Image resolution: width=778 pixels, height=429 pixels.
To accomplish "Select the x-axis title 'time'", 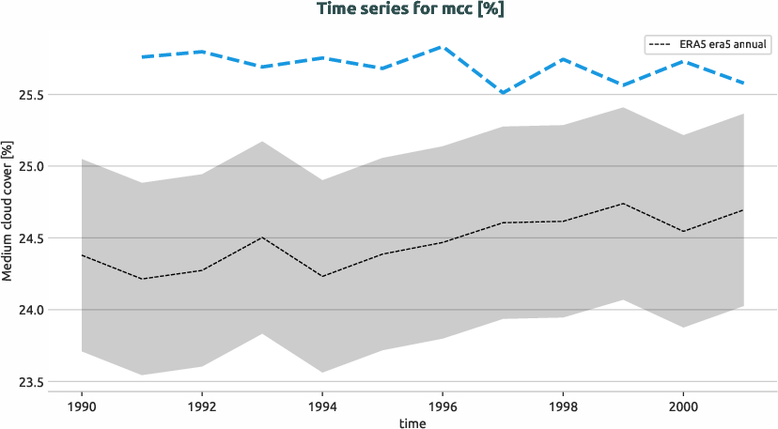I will click(412, 423).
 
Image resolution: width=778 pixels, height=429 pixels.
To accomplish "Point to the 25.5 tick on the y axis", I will click(42, 95).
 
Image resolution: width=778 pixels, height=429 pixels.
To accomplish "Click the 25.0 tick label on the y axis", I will click(42, 166).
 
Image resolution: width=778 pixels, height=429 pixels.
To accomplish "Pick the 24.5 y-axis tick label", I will click(42, 238).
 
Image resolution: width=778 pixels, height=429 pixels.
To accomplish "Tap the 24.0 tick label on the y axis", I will click(42, 310).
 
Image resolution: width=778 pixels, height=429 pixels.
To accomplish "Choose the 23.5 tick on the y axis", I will click(42, 382).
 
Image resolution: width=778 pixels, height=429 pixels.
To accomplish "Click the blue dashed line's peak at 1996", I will click(443, 46).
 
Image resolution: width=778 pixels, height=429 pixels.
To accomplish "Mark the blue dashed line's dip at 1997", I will click(503, 93).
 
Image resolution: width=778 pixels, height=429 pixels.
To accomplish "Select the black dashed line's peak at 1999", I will click(623, 203).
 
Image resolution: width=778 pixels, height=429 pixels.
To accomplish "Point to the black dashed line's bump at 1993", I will click(262, 237).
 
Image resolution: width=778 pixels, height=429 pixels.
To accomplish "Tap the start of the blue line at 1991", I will click(142, 57).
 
